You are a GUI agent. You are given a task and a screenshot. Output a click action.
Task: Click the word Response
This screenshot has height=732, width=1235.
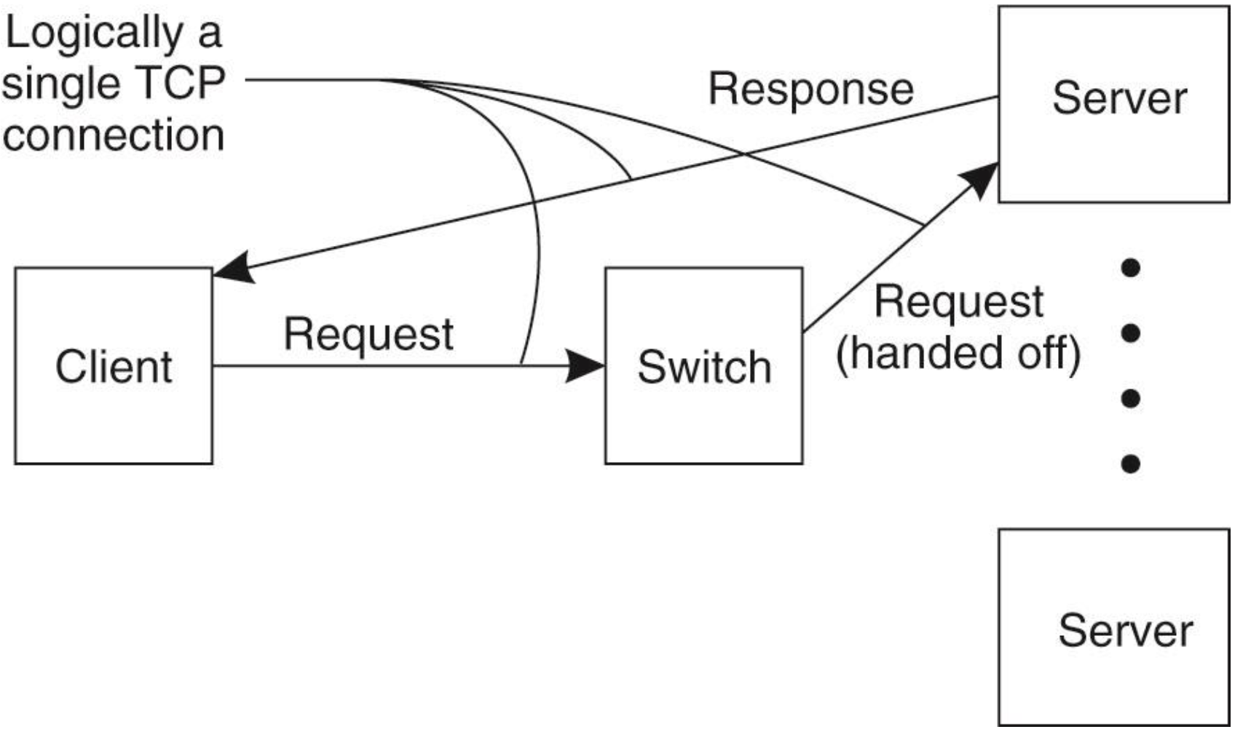pos(810,89)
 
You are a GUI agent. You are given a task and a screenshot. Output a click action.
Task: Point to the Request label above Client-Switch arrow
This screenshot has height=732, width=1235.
pos(368,335)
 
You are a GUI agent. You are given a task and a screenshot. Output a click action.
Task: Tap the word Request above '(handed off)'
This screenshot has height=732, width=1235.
pos(958,301)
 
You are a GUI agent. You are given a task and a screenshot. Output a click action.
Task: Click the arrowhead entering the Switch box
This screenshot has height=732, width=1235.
pos(586,366)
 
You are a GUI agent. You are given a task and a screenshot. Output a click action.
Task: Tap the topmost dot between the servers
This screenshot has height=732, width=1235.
pos(1130,268)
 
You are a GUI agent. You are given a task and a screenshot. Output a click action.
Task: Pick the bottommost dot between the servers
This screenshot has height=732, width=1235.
pos(1130,464)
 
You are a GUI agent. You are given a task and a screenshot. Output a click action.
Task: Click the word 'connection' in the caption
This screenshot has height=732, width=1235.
pos(113,135)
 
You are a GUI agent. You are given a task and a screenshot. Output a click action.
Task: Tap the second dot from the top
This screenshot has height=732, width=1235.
pos(1130,334)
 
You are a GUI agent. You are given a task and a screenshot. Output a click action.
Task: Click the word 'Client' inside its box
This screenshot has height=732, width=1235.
pos(114,366)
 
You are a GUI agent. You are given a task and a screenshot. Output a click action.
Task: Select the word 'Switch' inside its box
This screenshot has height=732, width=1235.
pos(703,367)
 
